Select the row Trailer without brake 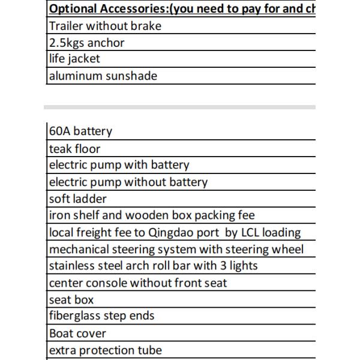tap(105, 26)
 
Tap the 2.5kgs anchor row tap(87, 43)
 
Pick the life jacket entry tap(74, 59)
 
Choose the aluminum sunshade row tap(103, 76)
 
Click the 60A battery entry tap(80, 131)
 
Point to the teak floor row tap(74, 148)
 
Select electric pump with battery tap(119, 165)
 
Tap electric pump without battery tap(128, 182)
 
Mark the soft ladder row tap(77, 199)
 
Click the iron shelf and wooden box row tap(152, 215)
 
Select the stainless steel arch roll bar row tap(153, 266)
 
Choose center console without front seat tap(138, 283)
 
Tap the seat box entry tap(71, 299)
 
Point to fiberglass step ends tap(101, 316)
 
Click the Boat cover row tap(77, 333)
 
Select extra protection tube tap(106, 350)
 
